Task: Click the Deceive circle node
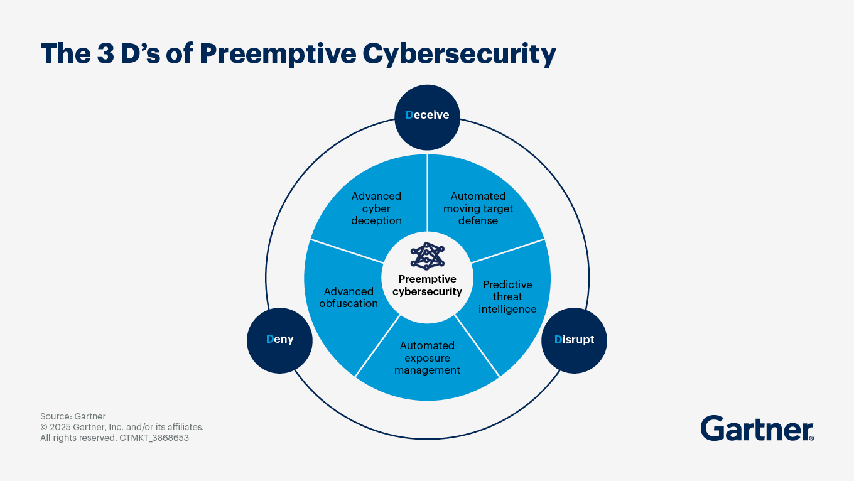click(427, 116)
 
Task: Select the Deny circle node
click(279, 339)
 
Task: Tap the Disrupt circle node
click(574, 340)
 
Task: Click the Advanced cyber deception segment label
click(376, 208)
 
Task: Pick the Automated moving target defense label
click(478, 208)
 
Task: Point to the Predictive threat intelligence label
click(507, 296)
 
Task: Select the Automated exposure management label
click(427, 358)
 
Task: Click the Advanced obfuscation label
click(349, 298)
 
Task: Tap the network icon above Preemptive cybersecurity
click(427, 256)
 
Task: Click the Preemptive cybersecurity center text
click(427, 285)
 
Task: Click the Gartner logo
click(757, 428)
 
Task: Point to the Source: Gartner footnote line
click(73, 416)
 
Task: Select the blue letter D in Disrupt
click(558, 340)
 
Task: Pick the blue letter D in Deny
click(269, 339)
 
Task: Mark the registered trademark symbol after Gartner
click(811, 438)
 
